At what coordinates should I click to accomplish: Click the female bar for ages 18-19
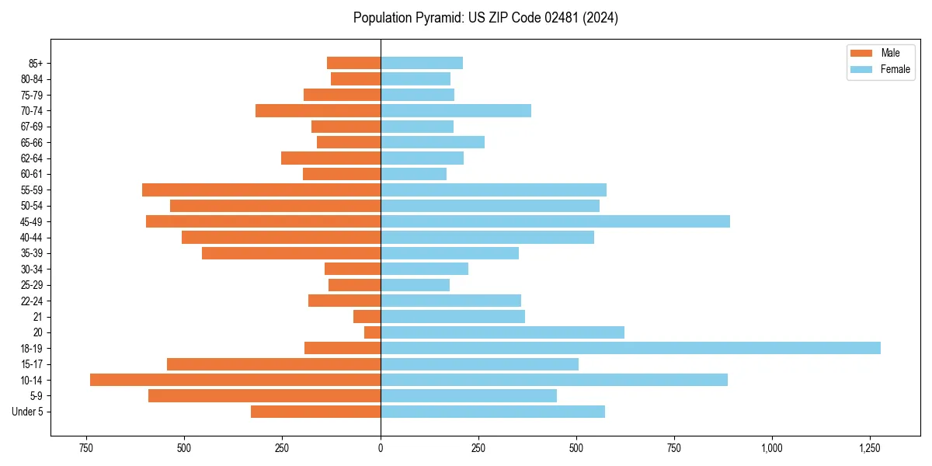(x=630, y=348)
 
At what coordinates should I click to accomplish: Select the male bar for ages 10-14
(x=235, y=380)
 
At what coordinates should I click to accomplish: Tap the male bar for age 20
(x=372, y=332)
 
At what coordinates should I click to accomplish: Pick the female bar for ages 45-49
(x=555, y=221)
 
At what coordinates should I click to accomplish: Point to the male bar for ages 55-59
(x=261, y=190)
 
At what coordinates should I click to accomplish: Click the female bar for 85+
(x=422, y=63)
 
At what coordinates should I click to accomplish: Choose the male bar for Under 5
(x=315, y=412)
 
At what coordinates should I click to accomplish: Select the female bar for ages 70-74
(x=456, y=110)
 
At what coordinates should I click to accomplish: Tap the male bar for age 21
(x=367, y=316)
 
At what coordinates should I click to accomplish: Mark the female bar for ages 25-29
(x=415, y=285)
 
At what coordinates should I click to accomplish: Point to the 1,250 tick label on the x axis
(x=869, y=448)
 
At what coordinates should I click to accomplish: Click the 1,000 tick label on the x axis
(x=771, y=448)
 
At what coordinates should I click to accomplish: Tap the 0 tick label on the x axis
(x=381, y=448)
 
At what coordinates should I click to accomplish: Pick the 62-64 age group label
(x=31, y=158)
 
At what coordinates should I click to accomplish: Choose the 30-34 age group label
(x=31, y=270)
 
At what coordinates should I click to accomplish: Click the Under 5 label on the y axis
(x=28, y=412)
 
